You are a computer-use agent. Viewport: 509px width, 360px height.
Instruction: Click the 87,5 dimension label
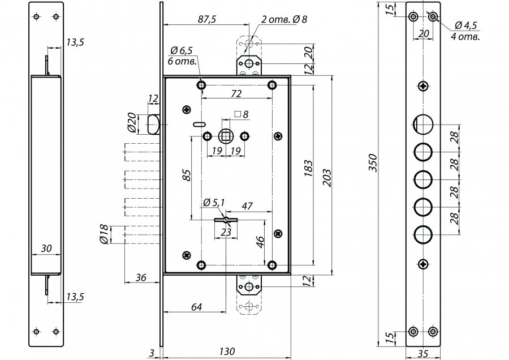(207, 19)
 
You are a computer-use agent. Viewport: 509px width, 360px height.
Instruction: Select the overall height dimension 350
(374, 163)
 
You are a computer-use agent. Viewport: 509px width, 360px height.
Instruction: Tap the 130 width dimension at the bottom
(227, 352)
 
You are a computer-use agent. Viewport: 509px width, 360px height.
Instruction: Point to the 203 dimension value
(327, 178)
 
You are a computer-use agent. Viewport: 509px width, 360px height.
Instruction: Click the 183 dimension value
(308, 168)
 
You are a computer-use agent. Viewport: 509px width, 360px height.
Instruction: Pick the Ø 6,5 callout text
(182, 50)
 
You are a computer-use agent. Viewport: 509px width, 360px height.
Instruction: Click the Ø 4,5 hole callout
(465, 25)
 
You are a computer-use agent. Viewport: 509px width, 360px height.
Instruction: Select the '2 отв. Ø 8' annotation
(284, 19)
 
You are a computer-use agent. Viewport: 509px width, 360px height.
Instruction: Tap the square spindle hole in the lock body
(225, 136)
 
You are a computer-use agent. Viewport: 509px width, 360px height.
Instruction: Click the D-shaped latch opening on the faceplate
(423, 124)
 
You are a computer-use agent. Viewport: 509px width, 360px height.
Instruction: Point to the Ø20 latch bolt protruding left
(153, 125)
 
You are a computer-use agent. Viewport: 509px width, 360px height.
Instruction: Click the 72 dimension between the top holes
(236, 94)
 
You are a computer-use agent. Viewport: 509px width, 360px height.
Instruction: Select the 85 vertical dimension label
(187, 174)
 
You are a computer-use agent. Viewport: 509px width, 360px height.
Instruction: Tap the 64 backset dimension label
(196, 307)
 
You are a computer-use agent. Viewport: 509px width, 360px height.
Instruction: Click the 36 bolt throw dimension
(141, 278)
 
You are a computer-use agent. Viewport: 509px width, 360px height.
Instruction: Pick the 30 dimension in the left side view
(46, 248)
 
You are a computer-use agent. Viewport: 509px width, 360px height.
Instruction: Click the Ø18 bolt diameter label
(103, 234)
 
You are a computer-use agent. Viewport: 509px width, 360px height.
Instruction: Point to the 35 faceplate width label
(424, 354)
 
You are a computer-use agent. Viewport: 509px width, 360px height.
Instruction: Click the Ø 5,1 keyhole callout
(214, 203)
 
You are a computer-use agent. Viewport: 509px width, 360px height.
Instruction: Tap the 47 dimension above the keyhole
(247, 206)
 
